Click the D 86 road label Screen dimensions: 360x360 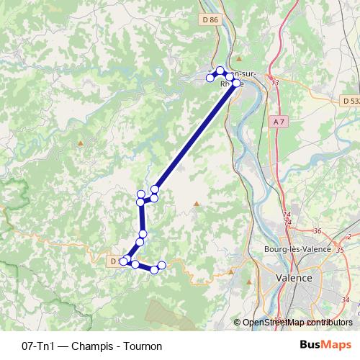coord(210,20)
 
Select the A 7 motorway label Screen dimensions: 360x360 coord(279,122)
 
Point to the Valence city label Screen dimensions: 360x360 coord(294,277)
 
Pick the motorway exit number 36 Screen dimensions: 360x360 coord(318,231)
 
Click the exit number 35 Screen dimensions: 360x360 coord(341,249)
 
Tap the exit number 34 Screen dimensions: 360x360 coord(345,300)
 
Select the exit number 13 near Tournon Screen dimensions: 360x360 coord(275,84)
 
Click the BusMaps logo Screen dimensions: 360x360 coord(326,346)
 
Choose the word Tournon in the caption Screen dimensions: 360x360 coord(143,346)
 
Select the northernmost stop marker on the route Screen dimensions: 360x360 coord(220,70)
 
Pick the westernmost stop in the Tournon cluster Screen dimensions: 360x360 coord(210,77)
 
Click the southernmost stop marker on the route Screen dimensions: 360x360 coord(153,270)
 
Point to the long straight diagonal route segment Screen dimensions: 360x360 coord(194,137)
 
